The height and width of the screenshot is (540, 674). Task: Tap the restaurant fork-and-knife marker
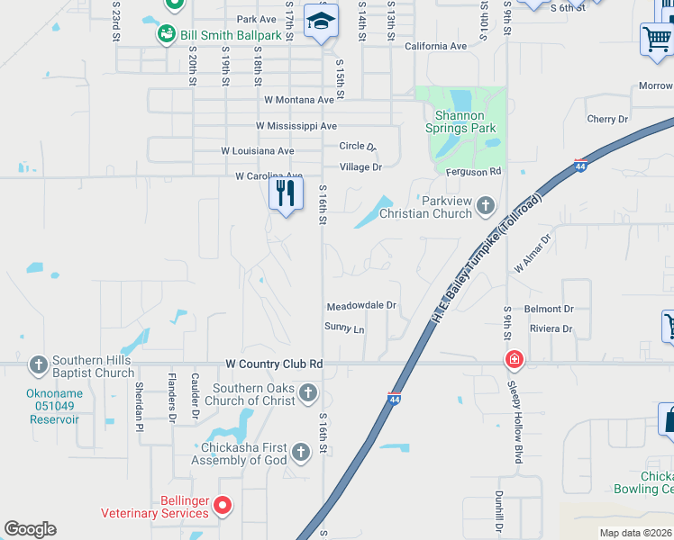(286, 193)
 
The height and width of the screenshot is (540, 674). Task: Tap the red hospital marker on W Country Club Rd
(514, 361)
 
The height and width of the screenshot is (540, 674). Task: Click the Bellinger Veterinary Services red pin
(223, 506)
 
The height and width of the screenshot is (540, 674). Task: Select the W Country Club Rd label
(274, 364)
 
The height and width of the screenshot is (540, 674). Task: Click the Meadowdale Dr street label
(361, 306)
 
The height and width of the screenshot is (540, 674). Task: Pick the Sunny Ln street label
(344, 329)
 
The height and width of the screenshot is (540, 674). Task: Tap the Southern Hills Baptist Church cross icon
(38, 364)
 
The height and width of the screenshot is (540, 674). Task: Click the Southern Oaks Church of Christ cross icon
(308, 392)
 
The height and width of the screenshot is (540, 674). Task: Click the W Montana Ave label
(299, 100)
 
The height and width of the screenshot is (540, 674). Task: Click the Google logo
(30, 529)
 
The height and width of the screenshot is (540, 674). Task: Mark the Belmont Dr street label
(549, 309)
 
